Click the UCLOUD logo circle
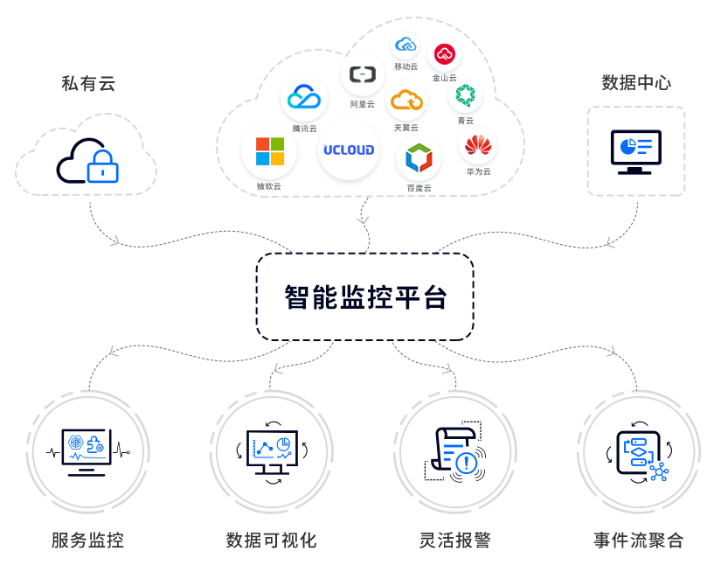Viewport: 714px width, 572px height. coord(348,150)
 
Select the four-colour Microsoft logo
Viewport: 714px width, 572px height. coord(269,151)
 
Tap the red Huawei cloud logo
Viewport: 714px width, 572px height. coord(478,145)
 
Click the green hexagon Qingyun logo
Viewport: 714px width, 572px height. coord(464,95)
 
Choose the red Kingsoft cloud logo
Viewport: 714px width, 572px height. coord(444,54)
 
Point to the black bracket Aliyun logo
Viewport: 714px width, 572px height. coord(362,75)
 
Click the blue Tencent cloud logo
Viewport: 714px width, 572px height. coord(304,97)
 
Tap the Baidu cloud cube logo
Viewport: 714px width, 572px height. coord(419,158)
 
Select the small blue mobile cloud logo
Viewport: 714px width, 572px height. coord(405,45)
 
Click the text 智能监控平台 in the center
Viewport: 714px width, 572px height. coord(365,297)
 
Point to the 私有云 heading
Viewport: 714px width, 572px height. coord(87,84)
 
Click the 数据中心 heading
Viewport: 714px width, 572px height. coord(635,83)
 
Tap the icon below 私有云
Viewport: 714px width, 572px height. coord(87,160)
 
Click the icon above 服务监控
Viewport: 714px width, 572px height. coord(87,450)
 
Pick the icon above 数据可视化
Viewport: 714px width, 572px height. coord(272,451)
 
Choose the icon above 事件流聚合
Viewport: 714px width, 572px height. coord(639,452)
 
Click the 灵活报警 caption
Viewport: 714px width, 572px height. coord(454,541)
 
